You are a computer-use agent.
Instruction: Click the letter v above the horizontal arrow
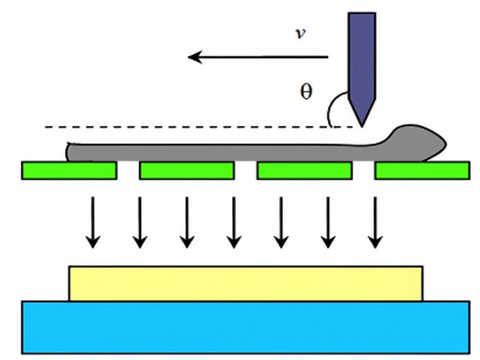click(300, 34)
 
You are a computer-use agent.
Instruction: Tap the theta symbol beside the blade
click(306, 92)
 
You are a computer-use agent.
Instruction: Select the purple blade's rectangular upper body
click(362, 54)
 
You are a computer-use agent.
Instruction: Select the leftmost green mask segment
click(69, 170)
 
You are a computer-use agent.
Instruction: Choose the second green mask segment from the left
click(187, 170)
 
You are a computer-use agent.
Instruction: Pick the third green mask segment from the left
click(304, 170)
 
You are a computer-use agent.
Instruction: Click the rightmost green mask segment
click(422, 170)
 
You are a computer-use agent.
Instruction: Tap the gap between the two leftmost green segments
click(128, 170)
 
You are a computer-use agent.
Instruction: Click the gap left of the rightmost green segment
click(363, 170)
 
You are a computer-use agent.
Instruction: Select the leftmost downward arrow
click(92, 222)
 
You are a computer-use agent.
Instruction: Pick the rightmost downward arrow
click(375, 222)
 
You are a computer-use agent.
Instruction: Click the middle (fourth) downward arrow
click(234, 222)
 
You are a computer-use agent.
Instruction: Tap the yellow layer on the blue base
click(246, 283)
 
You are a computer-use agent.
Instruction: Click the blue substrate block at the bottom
click(246, 327)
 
